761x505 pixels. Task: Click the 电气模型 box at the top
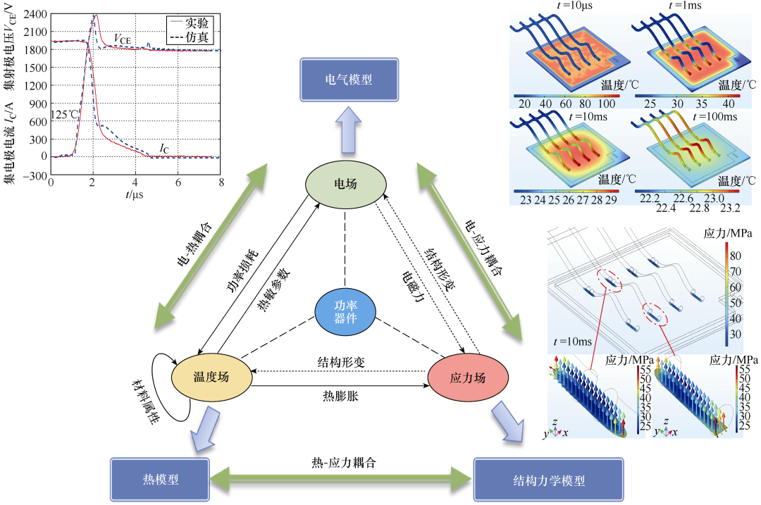click(346, 80)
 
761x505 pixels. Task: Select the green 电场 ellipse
click(345, 185)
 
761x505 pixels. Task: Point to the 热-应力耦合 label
click(344, 462)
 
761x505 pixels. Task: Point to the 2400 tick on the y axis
click(35, 14)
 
